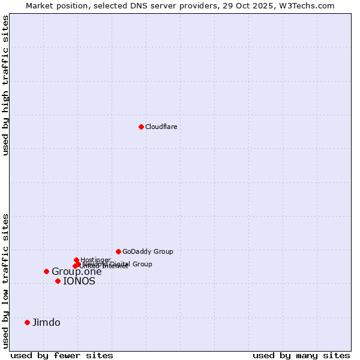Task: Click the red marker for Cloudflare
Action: pyautogui.click(x=141, y=127)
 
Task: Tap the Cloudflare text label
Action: pyautogui.click(x=161, y=127)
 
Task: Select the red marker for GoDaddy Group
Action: pyautogui.click(x=118, y=251)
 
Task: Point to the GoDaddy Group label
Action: pyautogui.click(x=148, y=251)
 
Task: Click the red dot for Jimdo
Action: pyautogui.click(x=27, y=322)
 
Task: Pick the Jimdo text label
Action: pyautogui.click(x=46, y=322)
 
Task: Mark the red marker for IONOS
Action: pyautogui.click(x=58, y=281)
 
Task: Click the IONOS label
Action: pyautogui.click(x=79, y=281)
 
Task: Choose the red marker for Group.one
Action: pyautogui.click(x=46, y=271)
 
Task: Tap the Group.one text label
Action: pyautogui.click(x=77, y=272)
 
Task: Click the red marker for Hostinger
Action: pyautogui.click(x=76, y=260)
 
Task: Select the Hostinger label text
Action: pyautogui.click(x=95, y=260)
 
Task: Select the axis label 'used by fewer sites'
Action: pyautogui.click(x=62, y=355)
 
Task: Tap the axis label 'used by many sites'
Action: pyautogui.click(x=301, y=355)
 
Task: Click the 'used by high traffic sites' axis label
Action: pyautogui.click(x=5, y=85)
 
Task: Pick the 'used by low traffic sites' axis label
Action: pyautogui.click(x=5, y=280)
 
